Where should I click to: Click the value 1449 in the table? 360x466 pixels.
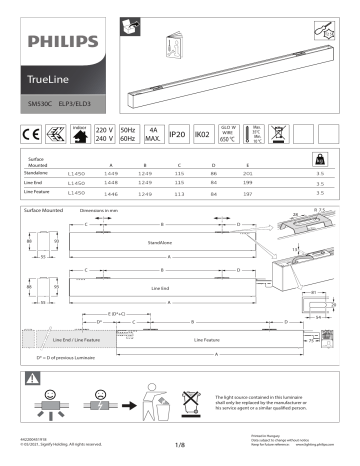point(112,173)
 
